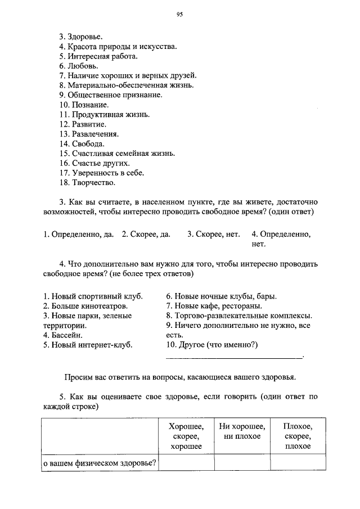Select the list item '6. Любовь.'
point(79,66)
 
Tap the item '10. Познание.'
point(84,105)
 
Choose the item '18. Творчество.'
point(87,182)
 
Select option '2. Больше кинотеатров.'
point(85,306)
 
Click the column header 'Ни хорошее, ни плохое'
point(242,431)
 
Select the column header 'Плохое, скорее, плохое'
point(298,436)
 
